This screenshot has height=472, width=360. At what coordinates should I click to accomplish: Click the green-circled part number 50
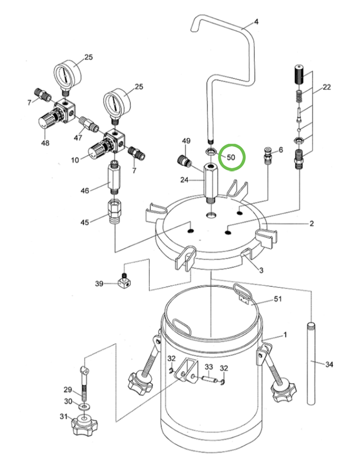(231, 157)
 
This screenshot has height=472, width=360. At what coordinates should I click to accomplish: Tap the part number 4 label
(256, 23)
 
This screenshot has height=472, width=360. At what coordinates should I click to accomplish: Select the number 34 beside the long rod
(330, 365)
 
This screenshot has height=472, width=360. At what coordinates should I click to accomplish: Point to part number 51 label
(277, 300)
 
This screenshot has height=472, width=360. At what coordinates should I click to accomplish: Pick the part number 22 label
(326, 87)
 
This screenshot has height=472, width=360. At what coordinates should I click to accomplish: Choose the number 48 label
(45, 143)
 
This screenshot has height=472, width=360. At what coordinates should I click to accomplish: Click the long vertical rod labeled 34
(310, 363)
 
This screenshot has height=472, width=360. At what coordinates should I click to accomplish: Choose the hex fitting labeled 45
(114, 213)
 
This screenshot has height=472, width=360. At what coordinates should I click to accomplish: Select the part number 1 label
(285, 335)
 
